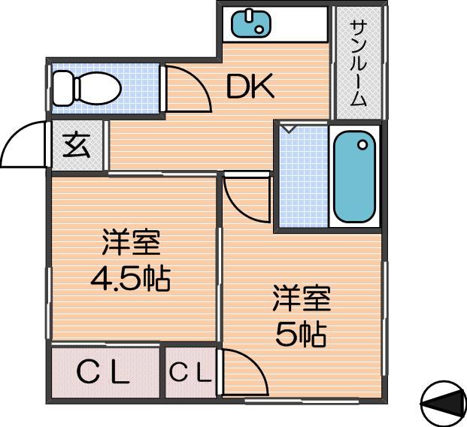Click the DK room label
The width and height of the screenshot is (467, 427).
[x=250, y=86]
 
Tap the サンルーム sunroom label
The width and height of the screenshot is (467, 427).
[x=358, y=63]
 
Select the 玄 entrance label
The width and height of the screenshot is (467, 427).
[x=77, y=145]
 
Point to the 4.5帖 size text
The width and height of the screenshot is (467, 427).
[x=130, y=279]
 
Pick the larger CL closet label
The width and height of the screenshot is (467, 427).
[x=103, y=372]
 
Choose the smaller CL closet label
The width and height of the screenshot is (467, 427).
[x=191, y=371]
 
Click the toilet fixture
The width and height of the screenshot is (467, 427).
[x=86, y=88]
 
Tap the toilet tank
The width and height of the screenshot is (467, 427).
[x=63, y=88]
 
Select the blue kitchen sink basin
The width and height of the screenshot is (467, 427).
[x=251, y=23]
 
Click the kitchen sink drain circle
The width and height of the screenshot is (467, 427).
[x=259, y=29]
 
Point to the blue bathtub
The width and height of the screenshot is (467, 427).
[x=354, y=177]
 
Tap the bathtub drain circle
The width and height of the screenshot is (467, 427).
[x=362, y=145]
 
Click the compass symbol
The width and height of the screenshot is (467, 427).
[x=444, y=404]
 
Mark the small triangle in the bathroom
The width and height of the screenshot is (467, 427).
[x=288, y=129]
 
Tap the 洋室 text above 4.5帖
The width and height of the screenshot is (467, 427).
[x=132, y=242]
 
